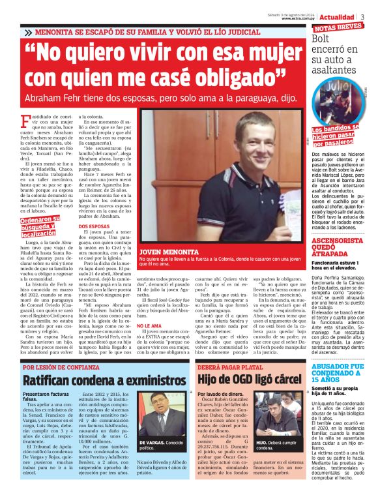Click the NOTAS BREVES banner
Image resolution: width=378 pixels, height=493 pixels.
[338, 28]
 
